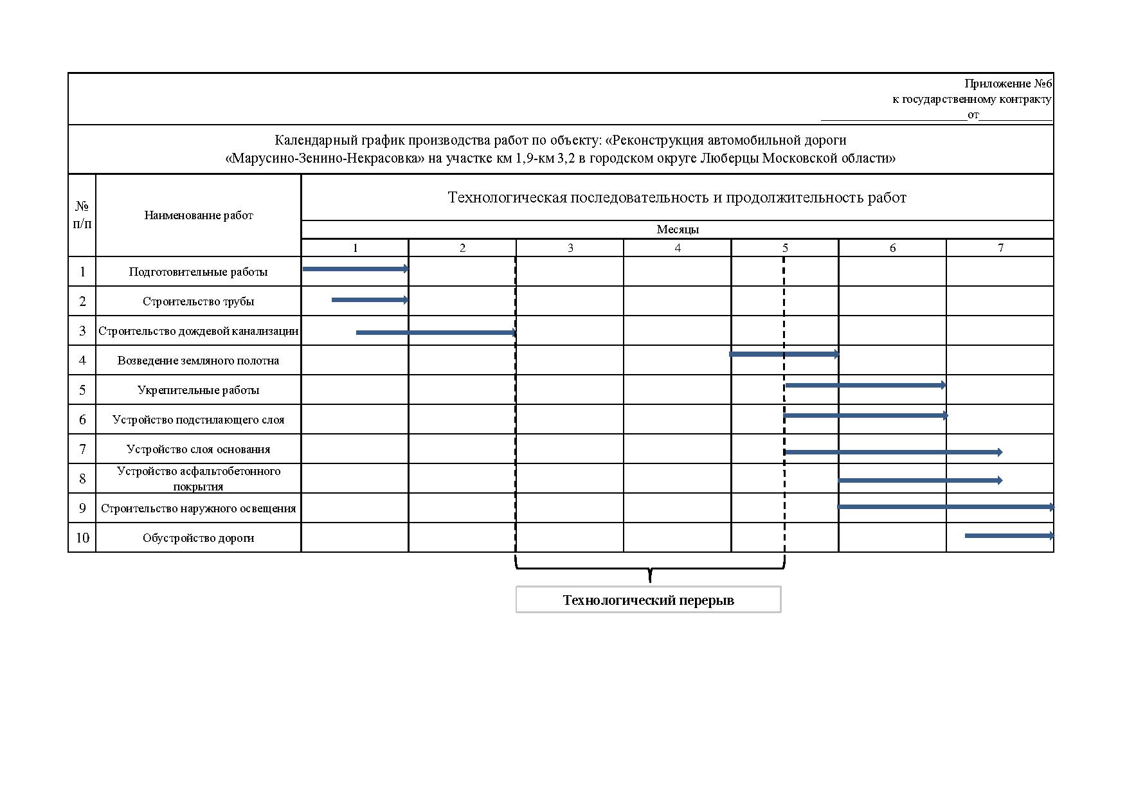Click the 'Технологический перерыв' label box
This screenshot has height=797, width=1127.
648,600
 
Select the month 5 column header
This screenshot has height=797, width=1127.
784,248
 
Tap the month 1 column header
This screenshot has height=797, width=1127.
355,248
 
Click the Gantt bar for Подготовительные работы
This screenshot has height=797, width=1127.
355,269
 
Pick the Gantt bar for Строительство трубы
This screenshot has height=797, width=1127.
370,300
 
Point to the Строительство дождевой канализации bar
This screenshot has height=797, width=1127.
436,332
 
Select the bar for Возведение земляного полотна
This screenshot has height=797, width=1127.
784,354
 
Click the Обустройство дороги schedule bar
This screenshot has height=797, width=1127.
1009,535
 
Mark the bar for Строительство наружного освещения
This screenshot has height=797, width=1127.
945,507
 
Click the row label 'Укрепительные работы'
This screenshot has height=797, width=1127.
198,390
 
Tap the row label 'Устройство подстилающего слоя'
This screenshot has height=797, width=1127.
198,420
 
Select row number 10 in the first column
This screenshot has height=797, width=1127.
82,538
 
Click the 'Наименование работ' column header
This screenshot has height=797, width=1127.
198,215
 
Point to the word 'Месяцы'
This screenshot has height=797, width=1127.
677,229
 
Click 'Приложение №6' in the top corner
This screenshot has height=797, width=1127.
1007,84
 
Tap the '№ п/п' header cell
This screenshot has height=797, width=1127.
82,215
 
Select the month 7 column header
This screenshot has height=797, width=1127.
1000,248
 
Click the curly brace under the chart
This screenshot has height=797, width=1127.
649,569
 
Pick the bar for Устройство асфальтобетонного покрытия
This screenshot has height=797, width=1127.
919,480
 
